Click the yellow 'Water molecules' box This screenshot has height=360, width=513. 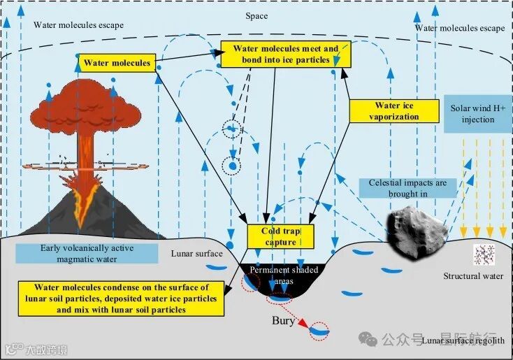117,63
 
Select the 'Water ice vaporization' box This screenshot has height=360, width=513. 393,111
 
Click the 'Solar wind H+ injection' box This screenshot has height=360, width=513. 477,114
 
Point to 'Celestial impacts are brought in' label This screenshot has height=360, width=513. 412,188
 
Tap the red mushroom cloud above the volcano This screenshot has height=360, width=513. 85,104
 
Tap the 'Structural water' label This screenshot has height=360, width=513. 472,276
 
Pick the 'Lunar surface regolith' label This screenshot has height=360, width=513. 463,340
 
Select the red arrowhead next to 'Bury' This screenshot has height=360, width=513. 303,324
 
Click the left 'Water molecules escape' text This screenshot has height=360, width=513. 78,25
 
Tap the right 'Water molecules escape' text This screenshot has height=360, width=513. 459,28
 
